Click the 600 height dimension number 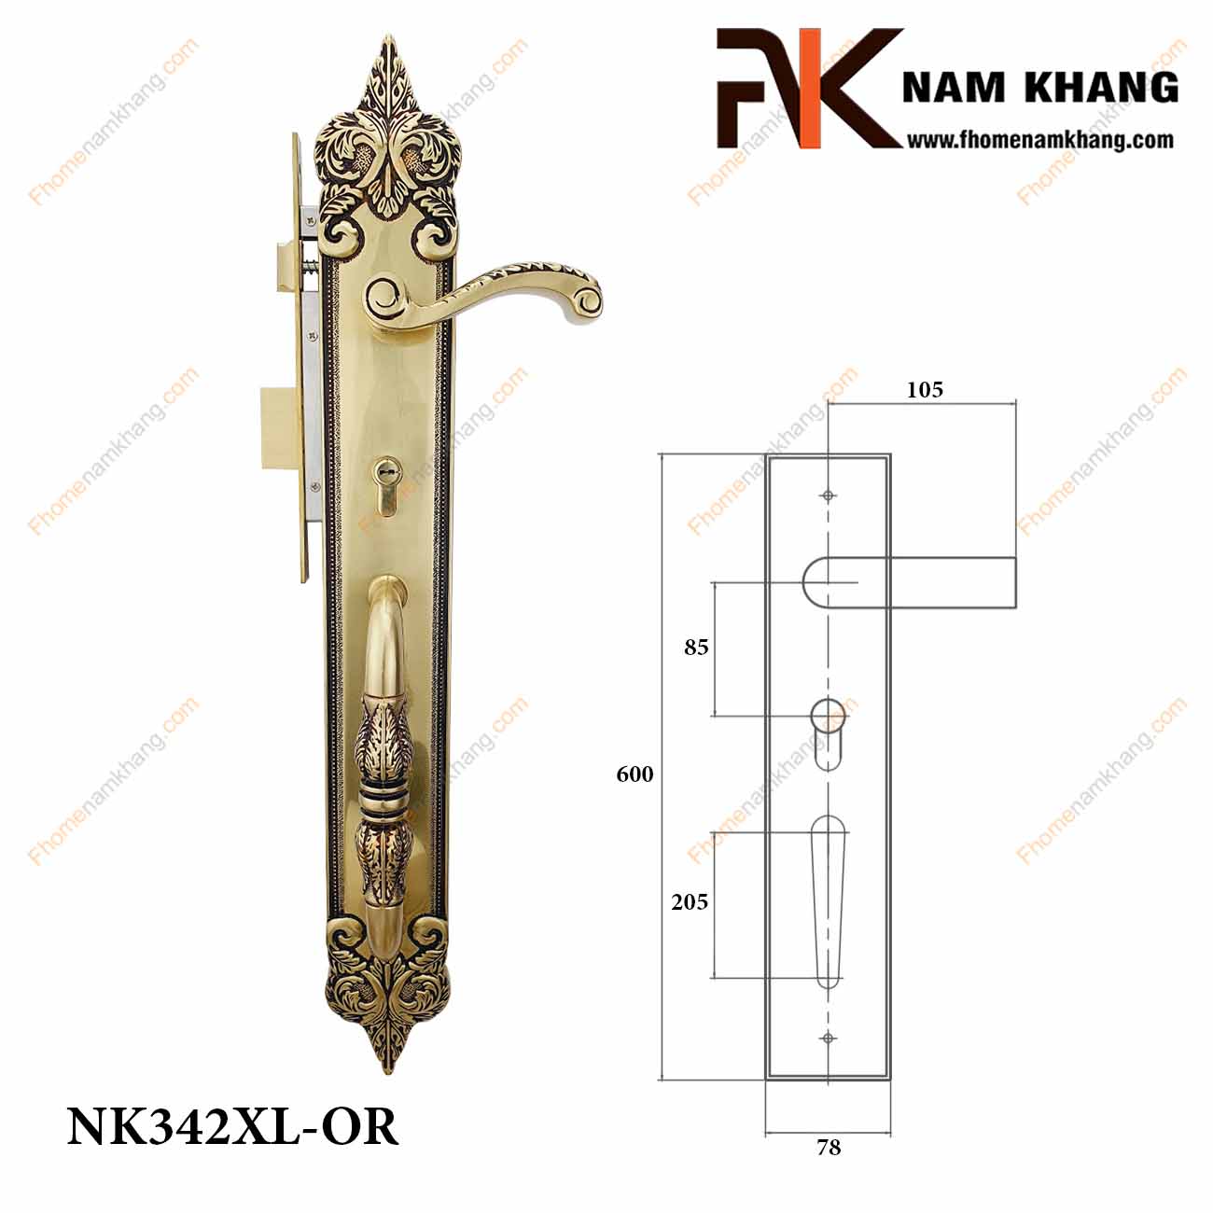pyautogui.click(x=634, y=774)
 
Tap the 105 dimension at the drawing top pyautogui.click(x=925, y=390)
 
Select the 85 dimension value pyautogui.click(x=696, y=648)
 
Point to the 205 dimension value pyautogui.click(x=690, y=902)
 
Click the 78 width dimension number pyautogui.click(x=829, y=1148)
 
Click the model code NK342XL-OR pyautogui.click(x=233, y=1127)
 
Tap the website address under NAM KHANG pyautogui.click(x=1039, y=140)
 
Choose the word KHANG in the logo pyautogui.click(x=1101, y=87)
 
